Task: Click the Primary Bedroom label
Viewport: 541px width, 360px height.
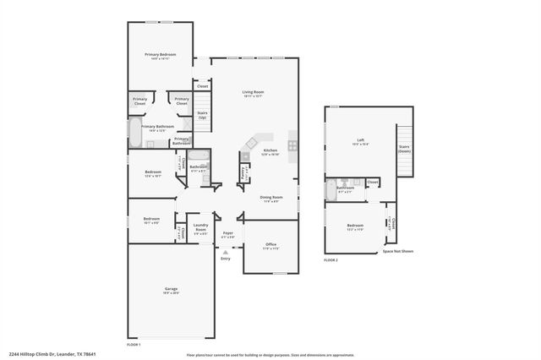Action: tap(160, 56)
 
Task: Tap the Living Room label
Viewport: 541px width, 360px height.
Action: tap(253, 93)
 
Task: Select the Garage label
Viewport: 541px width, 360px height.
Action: tap(171, 291)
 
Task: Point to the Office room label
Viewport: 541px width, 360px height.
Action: tap(270, 245)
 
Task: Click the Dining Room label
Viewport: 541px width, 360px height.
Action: tap(271, 199)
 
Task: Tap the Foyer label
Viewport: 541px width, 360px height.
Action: tap(227, 232)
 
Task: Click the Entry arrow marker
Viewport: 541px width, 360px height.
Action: tap(226, 252)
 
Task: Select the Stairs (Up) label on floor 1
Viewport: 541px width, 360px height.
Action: tap(202, 115)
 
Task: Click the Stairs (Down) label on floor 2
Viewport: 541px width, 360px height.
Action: tap(404, 149)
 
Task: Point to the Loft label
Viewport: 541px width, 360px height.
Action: tap(360, 141)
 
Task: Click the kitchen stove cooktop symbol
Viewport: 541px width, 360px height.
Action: tap(292, 145)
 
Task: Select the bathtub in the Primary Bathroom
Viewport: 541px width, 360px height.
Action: tap(134, 133)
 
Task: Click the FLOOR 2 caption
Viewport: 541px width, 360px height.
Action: tap(331, 260)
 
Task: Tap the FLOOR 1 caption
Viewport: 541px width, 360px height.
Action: tap(134, 345)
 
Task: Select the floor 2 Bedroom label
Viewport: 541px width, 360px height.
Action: tap(355, 226)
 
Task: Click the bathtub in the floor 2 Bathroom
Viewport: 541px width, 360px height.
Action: tap(331, 190)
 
